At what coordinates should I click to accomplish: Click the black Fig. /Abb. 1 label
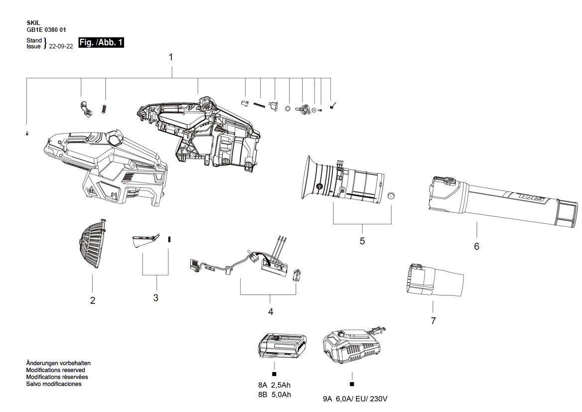coord(101,43)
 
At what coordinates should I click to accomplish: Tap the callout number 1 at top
coord(171,58)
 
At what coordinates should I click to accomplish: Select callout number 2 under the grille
coord(93,301)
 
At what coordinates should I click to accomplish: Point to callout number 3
coord(156,298)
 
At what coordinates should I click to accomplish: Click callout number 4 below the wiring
coord(271,312)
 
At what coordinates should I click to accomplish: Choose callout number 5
coord(362,241)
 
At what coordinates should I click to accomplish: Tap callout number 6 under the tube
coord(476,246)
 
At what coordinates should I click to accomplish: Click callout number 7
coord(433,321)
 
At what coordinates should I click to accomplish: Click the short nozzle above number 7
coord(434,281)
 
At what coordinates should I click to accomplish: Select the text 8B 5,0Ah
coord(275,395)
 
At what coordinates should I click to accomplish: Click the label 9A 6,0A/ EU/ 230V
coord(355,399)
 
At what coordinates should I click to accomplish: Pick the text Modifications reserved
coord(55,370)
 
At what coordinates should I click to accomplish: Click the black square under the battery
coord(274,374)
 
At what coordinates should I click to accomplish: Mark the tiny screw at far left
coord(27,133)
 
